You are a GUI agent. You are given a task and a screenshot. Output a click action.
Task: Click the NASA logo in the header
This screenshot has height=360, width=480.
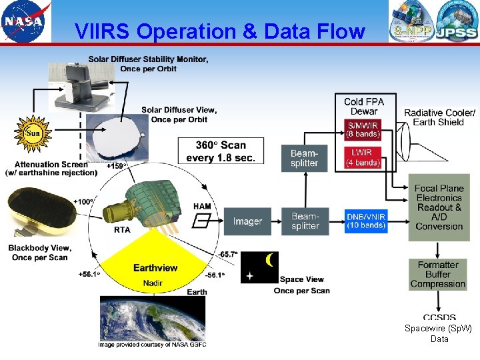pos(25,21)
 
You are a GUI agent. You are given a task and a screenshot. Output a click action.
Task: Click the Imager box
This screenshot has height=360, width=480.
pos(247,221)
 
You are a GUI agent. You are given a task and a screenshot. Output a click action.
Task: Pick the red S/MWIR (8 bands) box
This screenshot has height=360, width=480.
pos(363,129)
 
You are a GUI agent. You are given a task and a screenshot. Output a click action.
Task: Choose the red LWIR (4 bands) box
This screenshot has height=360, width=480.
pos(363,158)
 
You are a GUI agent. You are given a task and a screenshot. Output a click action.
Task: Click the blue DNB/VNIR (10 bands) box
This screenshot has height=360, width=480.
pos(366,221)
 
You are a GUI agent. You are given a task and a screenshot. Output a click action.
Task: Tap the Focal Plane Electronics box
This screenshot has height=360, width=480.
pos(439,207)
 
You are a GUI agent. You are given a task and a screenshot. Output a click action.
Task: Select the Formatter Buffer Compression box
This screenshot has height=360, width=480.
pos(438,275)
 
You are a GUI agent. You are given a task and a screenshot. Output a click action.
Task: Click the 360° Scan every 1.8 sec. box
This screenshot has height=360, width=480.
pos(221,151)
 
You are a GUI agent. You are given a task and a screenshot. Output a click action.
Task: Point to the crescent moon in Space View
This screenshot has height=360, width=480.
pos(269,260)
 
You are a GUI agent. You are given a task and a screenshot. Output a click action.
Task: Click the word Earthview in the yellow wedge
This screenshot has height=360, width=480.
pos(155,268)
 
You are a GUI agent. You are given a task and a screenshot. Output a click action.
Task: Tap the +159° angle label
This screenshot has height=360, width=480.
pos(117,165)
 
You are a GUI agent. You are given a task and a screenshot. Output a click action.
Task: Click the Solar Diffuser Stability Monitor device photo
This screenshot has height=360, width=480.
pos(81,87)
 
